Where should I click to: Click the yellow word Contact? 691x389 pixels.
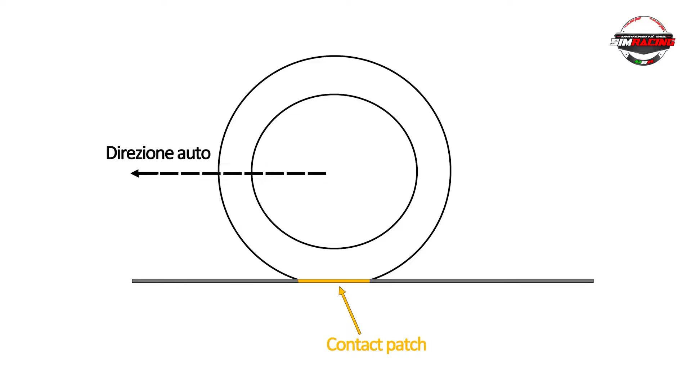click(354, 344)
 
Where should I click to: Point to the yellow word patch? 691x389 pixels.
click(406, 345)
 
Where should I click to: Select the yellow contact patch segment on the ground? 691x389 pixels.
click(334, 280)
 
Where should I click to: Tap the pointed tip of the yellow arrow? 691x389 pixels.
click(340, 287)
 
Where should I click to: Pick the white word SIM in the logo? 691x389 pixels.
click(621, 42)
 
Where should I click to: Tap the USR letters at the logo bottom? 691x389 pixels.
click(644, 62)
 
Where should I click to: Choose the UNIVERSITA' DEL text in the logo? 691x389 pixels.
click(643, 36)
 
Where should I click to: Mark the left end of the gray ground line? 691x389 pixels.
click(133, 281)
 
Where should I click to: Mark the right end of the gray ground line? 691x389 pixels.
click(593, 281)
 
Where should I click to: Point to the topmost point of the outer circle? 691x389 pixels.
click(335, 56)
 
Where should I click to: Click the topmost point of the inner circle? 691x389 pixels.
click(334, 94)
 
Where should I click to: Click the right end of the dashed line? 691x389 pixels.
click(325, 173)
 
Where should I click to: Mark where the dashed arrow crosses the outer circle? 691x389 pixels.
click(219, 173)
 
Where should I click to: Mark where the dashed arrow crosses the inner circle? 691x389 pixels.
click(252, 173)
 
